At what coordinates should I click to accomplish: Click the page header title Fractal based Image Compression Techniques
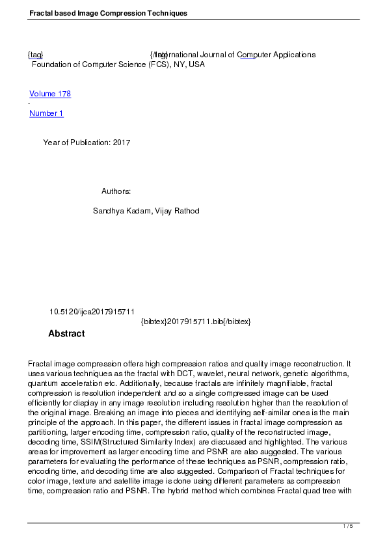[108, 13]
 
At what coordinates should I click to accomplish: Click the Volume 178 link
[50, 94]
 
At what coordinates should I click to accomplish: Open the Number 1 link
[46, 113]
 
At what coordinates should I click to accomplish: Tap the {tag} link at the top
[35, 55]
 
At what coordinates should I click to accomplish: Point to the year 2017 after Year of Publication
[122, 143]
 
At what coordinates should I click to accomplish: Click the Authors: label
[116, 191]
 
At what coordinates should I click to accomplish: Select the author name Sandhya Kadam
[120, 211]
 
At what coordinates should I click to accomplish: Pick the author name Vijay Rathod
[177, 211]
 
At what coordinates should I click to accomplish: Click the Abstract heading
[66, 334]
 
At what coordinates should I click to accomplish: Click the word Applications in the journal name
[290, 55]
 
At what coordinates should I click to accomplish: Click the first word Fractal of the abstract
[40, 363]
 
